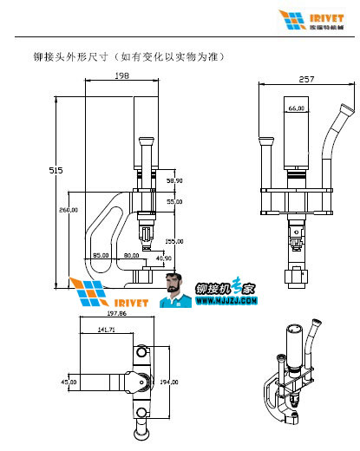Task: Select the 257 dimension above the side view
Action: pos(305,79)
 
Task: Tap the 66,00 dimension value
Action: pos(296,108)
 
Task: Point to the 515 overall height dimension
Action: pos(56,172)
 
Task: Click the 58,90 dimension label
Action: pos(174,180)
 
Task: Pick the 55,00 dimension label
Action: pos(174,201)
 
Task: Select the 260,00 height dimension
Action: pos(69,210)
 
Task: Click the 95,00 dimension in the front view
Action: pos(101,256)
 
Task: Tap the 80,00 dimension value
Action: pos(131,256)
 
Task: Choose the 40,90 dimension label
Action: pos(163,258)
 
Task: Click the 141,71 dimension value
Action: pos(107,330)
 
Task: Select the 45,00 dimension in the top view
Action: pos(67,381)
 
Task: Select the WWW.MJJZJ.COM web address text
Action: pos(226,302)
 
